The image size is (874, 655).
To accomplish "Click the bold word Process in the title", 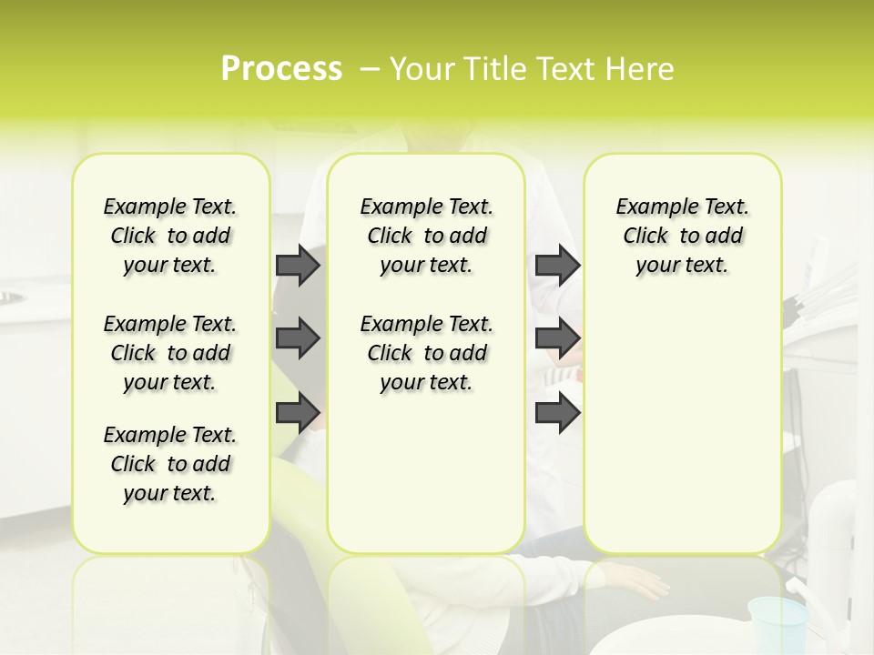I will tap(281, 68).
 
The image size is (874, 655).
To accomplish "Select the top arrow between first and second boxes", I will tap(297, 265).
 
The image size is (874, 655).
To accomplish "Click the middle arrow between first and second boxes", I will tap(297, 338).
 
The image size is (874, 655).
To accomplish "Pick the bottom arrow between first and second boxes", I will tap(297, 412).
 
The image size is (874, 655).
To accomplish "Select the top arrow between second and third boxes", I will tap(557, 265).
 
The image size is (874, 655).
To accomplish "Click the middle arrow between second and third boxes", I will tap(557, 338).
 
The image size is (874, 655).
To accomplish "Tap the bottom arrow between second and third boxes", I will tap(557, 412).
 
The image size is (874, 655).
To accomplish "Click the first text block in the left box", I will tap(170, 236).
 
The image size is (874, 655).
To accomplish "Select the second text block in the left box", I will tap(170, 353).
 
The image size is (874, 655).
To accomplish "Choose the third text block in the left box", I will tap(170, 464).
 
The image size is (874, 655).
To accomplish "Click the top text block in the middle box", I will tap(426, 236).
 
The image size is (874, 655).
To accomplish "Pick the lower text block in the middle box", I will tap(426, 353).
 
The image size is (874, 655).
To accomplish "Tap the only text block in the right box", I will tap(682, 236).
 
